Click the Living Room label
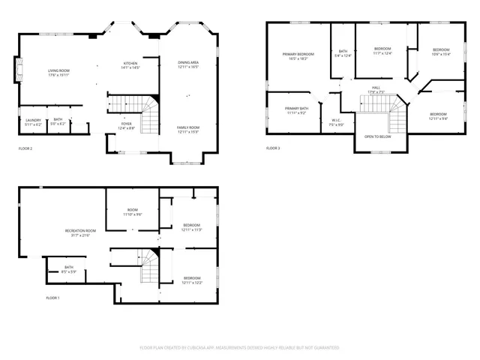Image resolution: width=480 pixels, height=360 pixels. point(58,73)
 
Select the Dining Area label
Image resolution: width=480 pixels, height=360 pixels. point(188,64)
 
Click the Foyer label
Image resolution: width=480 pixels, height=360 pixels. point(127,126)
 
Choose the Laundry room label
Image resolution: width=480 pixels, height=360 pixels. point(32,121)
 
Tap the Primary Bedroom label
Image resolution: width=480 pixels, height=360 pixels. point(298,56)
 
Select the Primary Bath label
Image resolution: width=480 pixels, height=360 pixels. point(296,110)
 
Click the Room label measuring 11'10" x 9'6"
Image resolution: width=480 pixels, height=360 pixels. point(132,212)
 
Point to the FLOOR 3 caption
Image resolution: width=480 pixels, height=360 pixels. point(273,148)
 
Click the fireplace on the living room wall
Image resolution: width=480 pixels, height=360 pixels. point(16,72)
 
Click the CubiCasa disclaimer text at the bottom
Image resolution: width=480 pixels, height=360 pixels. point(239,348)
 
